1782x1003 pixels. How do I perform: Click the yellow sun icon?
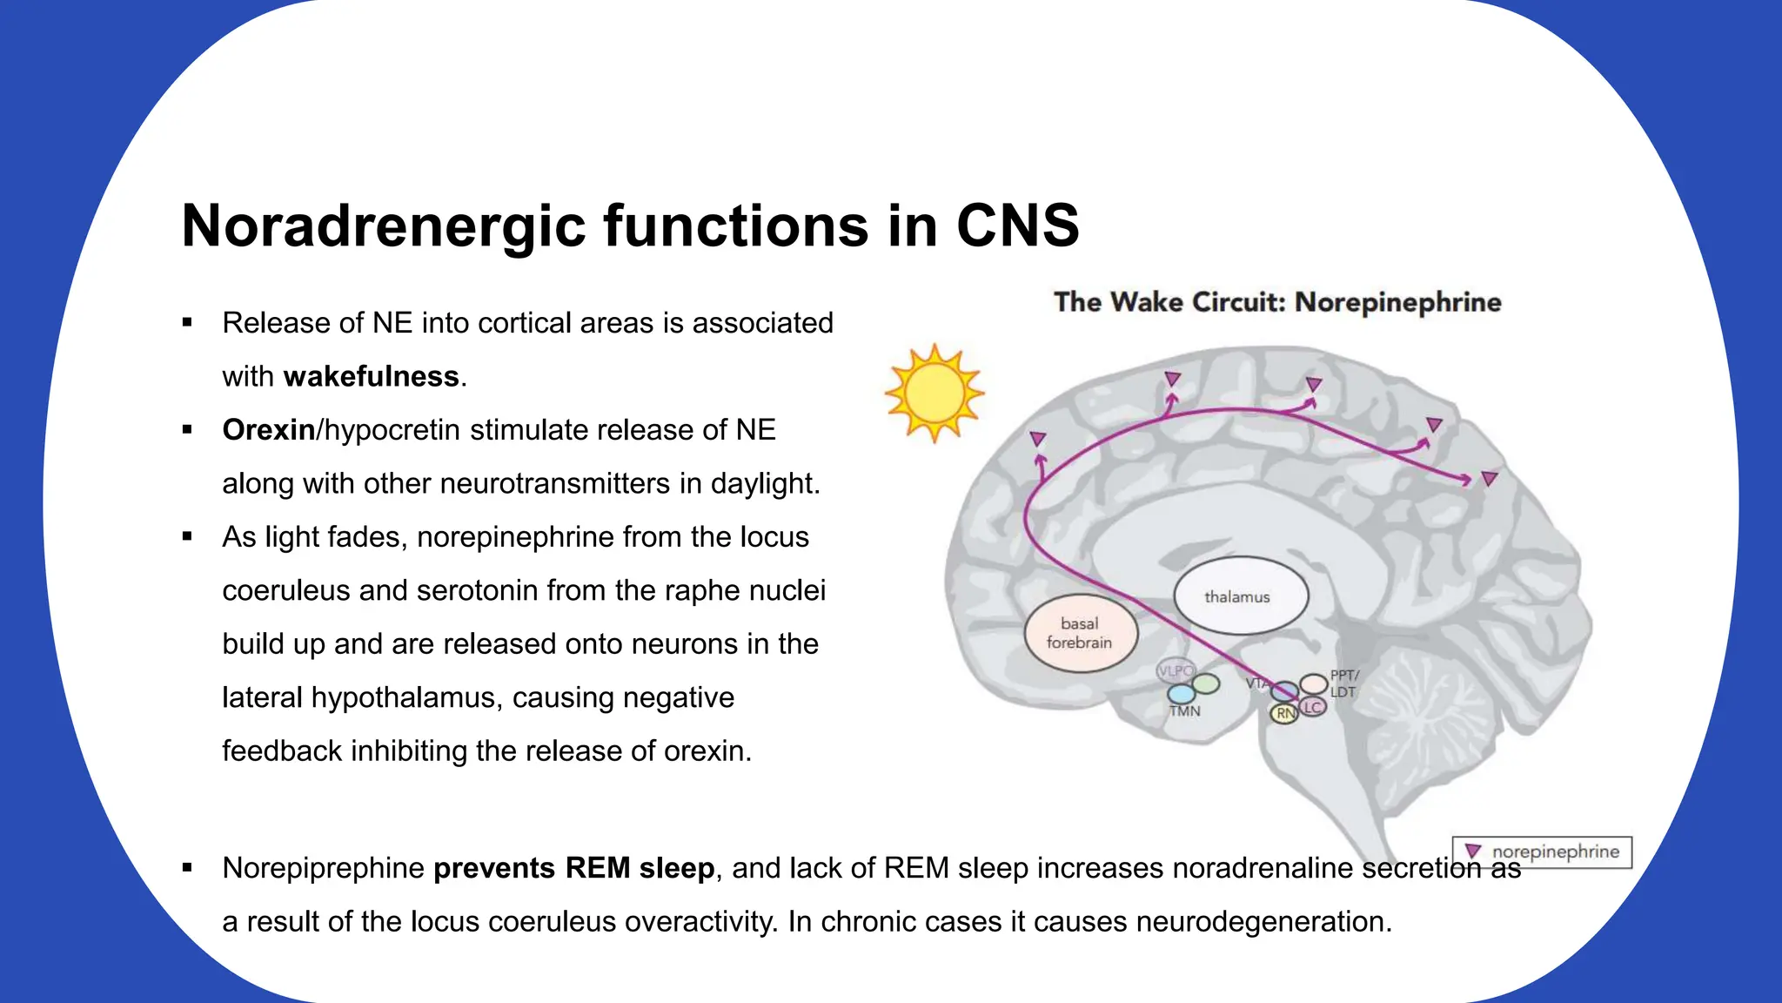point(934,393)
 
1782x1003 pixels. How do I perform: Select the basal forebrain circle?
point(1081,633)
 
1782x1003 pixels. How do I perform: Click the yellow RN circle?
point(1284,714)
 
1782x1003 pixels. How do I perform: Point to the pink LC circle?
point(1313,708)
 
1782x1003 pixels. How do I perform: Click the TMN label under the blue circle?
point(1184,711)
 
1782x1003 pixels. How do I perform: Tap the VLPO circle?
point(1175,671)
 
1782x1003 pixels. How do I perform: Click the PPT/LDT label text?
point(1343,683)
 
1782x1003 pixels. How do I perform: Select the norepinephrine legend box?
point(1542,852)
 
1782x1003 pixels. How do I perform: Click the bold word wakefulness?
point(372,376)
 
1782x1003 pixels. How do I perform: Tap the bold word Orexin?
point(269,430)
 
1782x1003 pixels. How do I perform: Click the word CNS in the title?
point(1017,226)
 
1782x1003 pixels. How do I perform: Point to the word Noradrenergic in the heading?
point(384,226)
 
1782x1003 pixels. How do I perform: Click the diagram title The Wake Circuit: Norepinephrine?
point(1277,302)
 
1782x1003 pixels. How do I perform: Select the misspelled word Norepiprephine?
point(323,868)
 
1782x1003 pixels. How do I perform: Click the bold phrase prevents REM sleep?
point(574,868)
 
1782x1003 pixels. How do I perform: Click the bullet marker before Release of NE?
point(187,323)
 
